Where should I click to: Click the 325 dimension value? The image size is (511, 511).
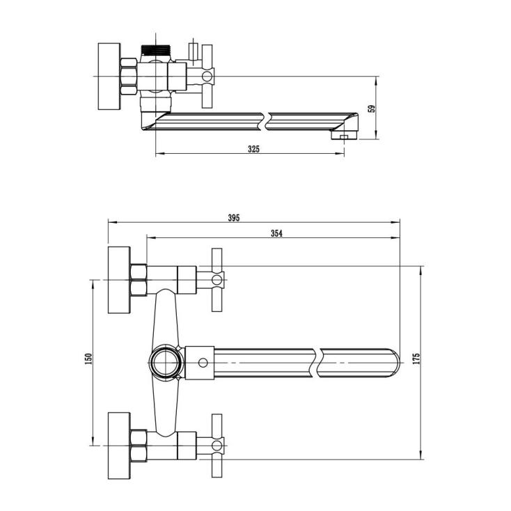click(x=253, y=149)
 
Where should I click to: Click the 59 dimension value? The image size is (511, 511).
click(x=372, y=109)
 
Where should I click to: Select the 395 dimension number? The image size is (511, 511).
click(x=234, y=218)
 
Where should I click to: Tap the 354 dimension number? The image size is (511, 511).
click(x=276, y=233)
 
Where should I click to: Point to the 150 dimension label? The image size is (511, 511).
click(x=88, y=359)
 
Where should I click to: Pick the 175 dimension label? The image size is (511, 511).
click(x=416, y=359)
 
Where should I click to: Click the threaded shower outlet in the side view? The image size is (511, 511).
click(x=156, y=49)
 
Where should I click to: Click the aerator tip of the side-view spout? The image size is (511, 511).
click(x=345, y=135)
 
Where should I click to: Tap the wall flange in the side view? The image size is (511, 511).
click(x=109, y=77)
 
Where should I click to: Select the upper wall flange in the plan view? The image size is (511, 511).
click(x=119, y=280)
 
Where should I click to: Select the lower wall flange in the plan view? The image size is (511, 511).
click(x=119, y=446)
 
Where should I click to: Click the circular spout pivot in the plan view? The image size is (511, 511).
click(x=166, y=363)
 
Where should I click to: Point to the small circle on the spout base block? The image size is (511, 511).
click(x=203, y=363)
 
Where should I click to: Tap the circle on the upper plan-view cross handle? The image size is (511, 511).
click(x=217, y=280)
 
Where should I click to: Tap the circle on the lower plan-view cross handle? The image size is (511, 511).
click(x=217, y=446)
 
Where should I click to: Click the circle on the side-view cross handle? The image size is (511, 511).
click(x=207, y=77)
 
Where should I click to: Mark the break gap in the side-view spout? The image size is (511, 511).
click(x=266, y=122)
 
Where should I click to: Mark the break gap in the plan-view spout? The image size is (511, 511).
click(x=317, y=363)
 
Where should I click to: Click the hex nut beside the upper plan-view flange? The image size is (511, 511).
click(x=139, y=280)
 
